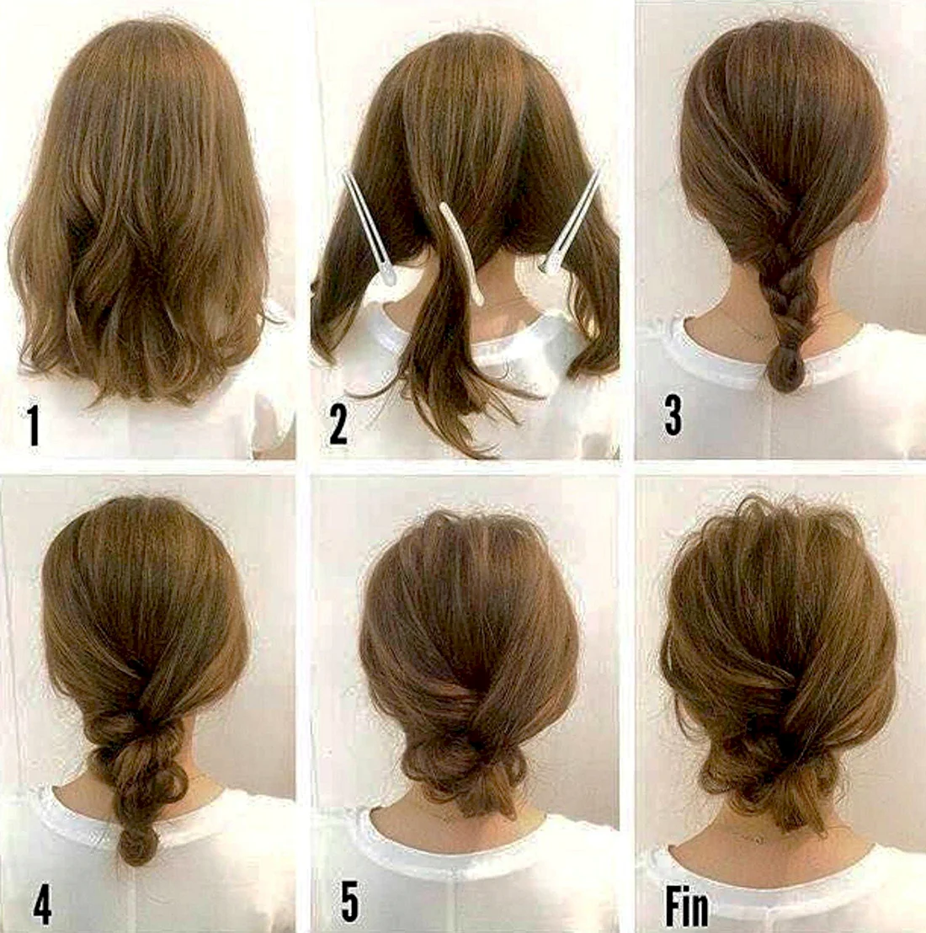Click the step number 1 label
point(34,425)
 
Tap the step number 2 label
point(338,425)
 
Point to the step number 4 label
point(41,905)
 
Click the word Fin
point(688,907)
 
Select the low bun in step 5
point(458,761)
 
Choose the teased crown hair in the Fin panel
point(773,530)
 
